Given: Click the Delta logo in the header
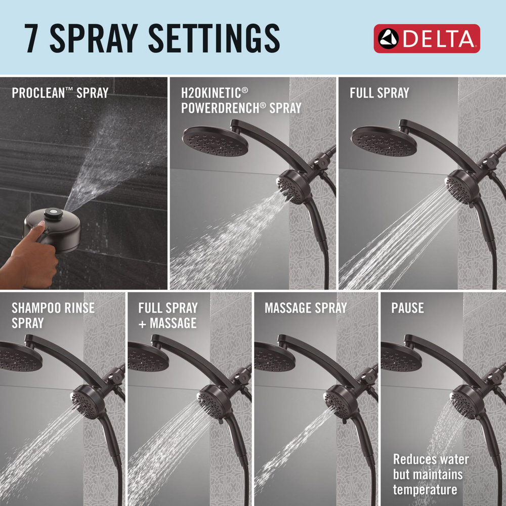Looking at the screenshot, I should coord(427,38).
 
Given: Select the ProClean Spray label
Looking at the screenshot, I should coord(60,93).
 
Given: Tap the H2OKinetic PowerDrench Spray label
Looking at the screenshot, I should coord(241,100).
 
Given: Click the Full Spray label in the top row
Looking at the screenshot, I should coord(379,93).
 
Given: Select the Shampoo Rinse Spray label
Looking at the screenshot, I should coord(53,315).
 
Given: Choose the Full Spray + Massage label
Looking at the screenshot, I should coord(167,315).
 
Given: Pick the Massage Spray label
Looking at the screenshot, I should coord(306,308).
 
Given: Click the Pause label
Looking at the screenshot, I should coord(407,308).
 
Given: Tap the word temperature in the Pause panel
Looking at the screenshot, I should coord(425,489).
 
